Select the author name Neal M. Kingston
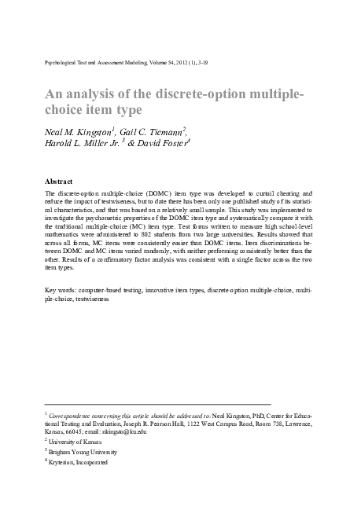(79, 130)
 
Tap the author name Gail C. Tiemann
(153, 130)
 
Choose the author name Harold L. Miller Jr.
(86, 144)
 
